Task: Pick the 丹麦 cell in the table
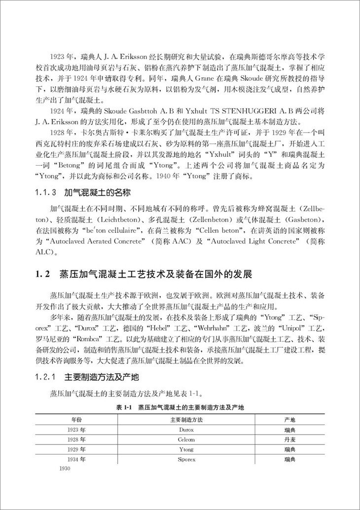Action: [x=289, y=439]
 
